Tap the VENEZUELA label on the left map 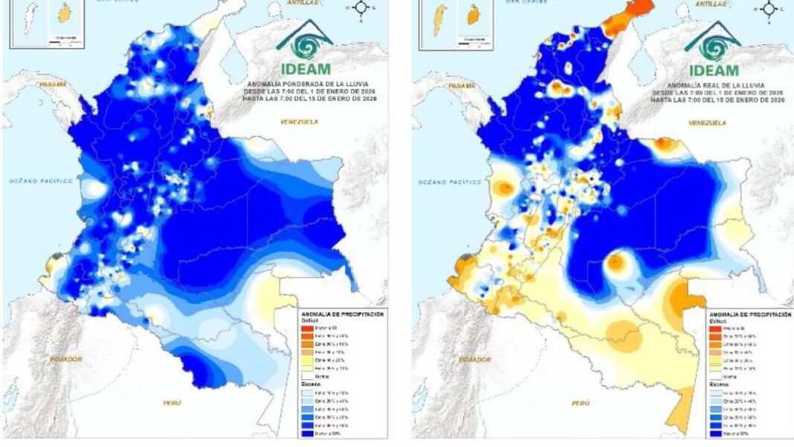pos(298,121)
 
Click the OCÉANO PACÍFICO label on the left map pos(41,180)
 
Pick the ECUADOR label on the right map pos(474,359)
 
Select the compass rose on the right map pos(770,8)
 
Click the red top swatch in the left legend pos(306,328)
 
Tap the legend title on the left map pos(342,315)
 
